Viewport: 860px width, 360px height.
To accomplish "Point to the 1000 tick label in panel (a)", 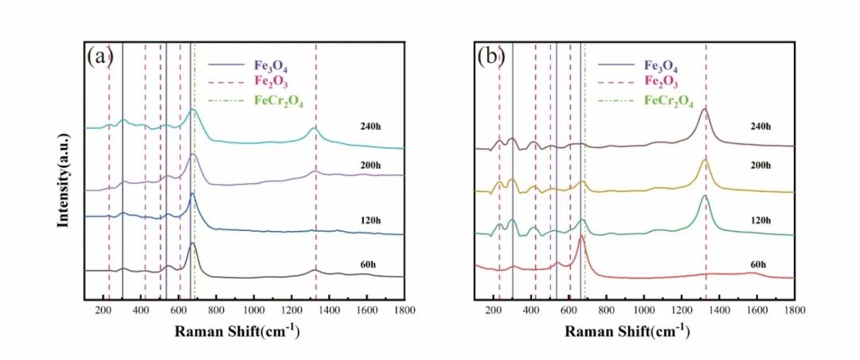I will [x=253, y=311].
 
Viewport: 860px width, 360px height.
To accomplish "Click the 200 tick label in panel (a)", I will [x=103, y=311].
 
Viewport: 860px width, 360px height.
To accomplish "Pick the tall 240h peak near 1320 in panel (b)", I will [x=704, y=111].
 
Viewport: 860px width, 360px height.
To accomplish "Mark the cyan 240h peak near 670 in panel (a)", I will [x=192, y=112].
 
